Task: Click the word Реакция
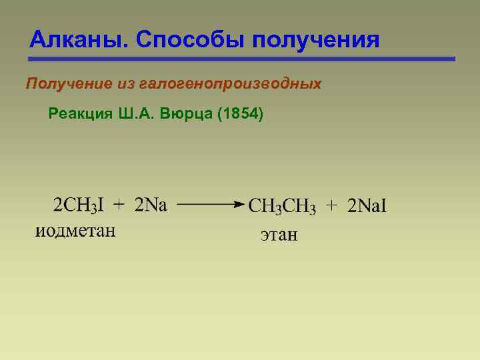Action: (x=79, y=114)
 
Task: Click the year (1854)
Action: (x=241, y=114)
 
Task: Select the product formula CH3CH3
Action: (x=282, y=207)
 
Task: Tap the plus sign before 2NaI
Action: (x=331, y=207)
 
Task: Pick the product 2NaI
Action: (x=367, y=207)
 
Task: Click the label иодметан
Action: (x=75, y=231)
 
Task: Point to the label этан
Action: (x=279, y=235)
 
